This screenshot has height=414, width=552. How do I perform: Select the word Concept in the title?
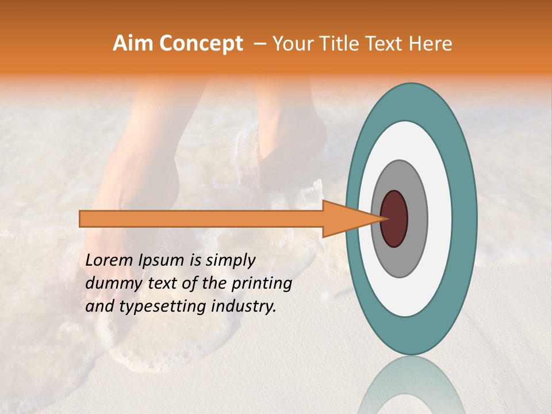click(x=200, y=44)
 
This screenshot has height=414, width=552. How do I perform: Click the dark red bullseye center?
click(x=394, y=218)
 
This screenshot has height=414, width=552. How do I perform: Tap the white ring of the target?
click(x=440, y=218)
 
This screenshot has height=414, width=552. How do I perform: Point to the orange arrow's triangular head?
click(x=345, y=218)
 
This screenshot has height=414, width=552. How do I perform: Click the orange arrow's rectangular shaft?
click(x=201, y=218)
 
